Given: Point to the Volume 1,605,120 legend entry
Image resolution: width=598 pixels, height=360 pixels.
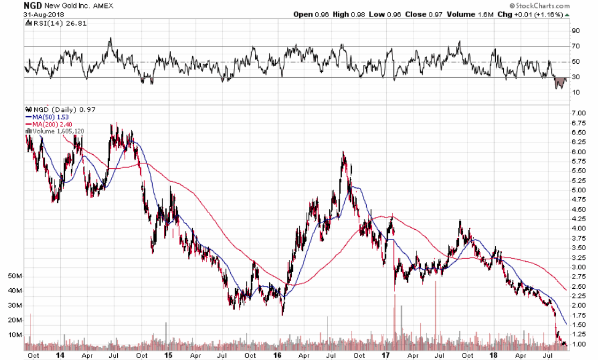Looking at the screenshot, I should (55, 131).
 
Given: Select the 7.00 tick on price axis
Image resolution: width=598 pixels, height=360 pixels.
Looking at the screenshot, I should (579, 114).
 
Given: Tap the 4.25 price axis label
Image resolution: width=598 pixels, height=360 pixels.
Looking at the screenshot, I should (579, 219).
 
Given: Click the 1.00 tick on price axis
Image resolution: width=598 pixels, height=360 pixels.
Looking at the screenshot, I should (579, 343).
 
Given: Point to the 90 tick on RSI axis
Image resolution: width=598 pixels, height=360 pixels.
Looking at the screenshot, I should (576, 31).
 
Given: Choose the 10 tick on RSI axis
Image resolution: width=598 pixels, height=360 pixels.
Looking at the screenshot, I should (576, 93).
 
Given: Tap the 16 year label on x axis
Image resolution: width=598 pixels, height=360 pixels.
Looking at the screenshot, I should (277, 355).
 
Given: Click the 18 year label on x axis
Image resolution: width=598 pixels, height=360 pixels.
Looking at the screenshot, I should (493, 355).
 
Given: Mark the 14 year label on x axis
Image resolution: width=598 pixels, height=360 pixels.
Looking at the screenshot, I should (62, 355).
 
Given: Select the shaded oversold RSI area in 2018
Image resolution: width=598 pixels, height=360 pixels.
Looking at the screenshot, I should (561, 82).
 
